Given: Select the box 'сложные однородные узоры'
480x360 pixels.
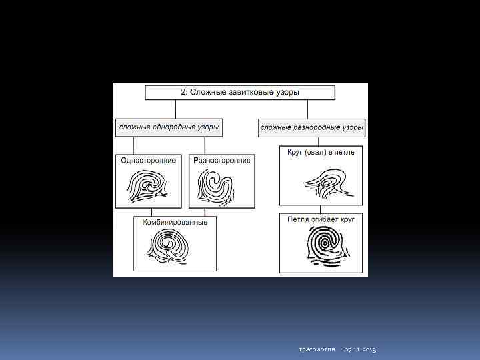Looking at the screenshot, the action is [169, 126].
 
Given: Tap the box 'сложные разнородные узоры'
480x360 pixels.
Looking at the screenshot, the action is [312, 126].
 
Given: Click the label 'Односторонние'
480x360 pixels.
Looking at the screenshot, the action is [149, 161].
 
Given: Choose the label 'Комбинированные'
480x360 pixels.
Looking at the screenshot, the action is [175, 222].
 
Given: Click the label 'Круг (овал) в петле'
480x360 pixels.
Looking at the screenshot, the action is [321, 153].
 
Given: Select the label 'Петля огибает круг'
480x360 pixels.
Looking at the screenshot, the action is [321, 219].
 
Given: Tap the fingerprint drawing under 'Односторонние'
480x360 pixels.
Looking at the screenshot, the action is [148, 187].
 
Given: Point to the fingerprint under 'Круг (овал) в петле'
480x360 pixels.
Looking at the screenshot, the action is [323, 181].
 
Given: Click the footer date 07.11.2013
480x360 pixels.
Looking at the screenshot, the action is [361, 350].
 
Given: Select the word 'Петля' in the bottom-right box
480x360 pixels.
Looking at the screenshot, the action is [297, 219].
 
